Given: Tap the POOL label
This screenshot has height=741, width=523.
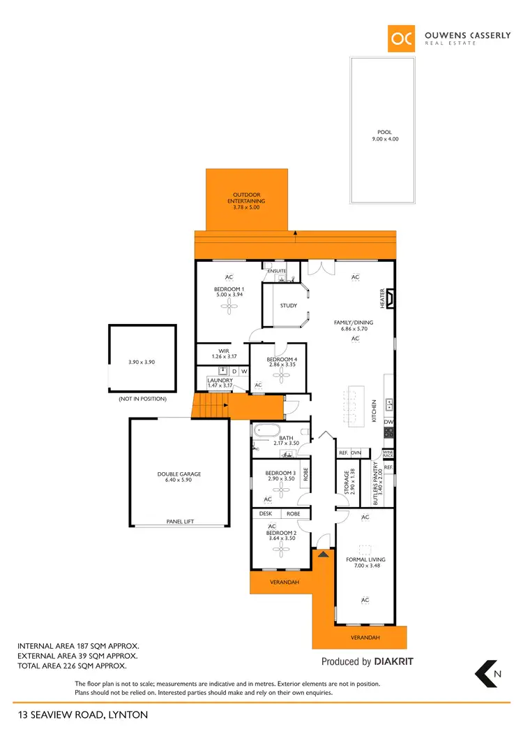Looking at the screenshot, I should click(385, 132).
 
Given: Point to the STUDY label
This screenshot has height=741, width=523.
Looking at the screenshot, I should click(288, 306).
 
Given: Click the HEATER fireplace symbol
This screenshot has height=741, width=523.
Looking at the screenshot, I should click(391, 300).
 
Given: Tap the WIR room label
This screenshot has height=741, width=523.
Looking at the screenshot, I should click(224, 352).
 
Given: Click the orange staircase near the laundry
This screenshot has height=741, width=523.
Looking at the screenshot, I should click(211, 405).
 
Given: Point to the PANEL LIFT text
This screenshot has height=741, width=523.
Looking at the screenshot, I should click(179, 521).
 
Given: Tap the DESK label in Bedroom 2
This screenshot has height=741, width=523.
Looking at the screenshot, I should click(265, 513).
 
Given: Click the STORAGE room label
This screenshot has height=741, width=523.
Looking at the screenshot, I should click(347, 482).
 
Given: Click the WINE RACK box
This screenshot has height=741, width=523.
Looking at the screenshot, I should click(388, 453).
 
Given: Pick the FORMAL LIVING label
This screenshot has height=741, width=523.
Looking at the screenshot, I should click(365, 559).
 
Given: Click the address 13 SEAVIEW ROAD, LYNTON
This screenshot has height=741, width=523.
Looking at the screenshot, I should click(83, 714).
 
